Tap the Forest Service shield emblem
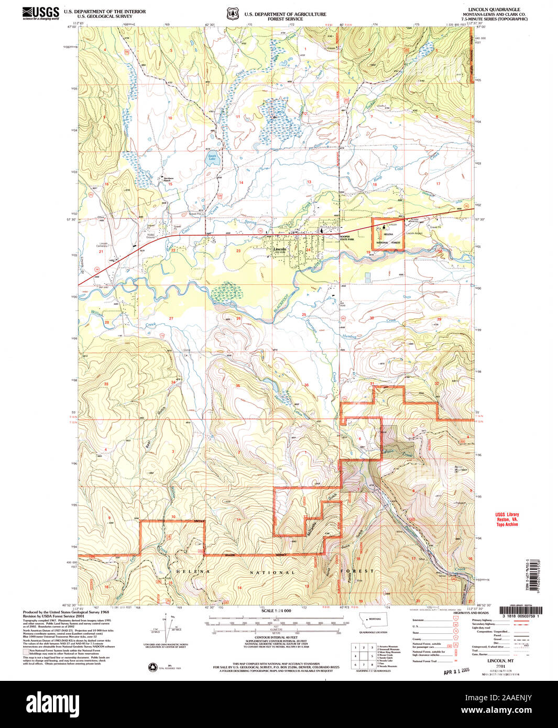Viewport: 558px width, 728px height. click(x=232, y=14)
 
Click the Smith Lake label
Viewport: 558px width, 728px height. click(x=212, y=157)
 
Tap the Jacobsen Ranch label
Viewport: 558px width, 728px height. click(x=168, y=179)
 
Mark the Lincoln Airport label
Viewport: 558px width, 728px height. click(x=414, y=233)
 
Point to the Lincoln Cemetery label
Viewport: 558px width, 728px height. click(x=104, y=245)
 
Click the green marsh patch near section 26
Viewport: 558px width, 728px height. click(x=227, y=291)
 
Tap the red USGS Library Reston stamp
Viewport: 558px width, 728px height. click(x=507, y=519)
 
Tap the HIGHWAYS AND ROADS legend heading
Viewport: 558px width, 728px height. click(x=471, y=613)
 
